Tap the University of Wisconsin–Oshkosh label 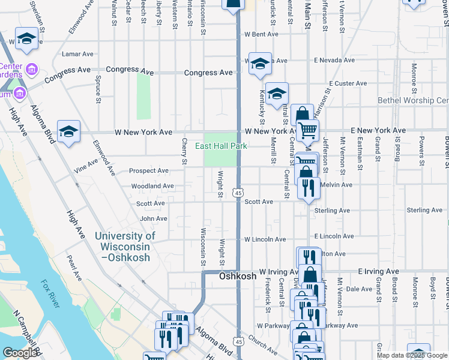(x=125, y=247)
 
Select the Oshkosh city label (x=238, y=277)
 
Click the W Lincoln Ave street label (x=265, y=239)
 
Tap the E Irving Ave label (x=378, y=272)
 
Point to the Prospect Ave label (x=149, y=171)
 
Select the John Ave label (x=153, y=219)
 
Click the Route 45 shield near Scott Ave (x=238, y=193)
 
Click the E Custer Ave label (x=348, y=83)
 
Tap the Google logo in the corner (x=20, y=353)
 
